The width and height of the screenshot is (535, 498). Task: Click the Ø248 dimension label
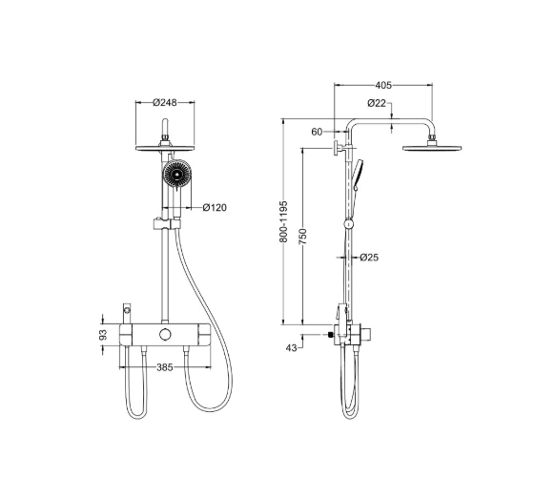[x=165, y=102]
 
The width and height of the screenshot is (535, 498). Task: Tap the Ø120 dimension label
[x=215, y=208]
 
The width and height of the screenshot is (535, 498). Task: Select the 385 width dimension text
[x=165, y=367]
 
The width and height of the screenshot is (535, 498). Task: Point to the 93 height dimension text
[x=103, y=335]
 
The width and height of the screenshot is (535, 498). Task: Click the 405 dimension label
[x=383, y=85]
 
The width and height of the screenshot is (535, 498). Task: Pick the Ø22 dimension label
[x=377, y=103]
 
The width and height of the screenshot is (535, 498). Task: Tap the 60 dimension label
[x=317, y=132]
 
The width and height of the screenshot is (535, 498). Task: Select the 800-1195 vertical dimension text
[x=283, y=222]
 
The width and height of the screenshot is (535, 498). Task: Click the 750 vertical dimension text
[x=302, y=237]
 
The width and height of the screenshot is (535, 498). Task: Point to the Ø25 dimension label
[x=369, y=257]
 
